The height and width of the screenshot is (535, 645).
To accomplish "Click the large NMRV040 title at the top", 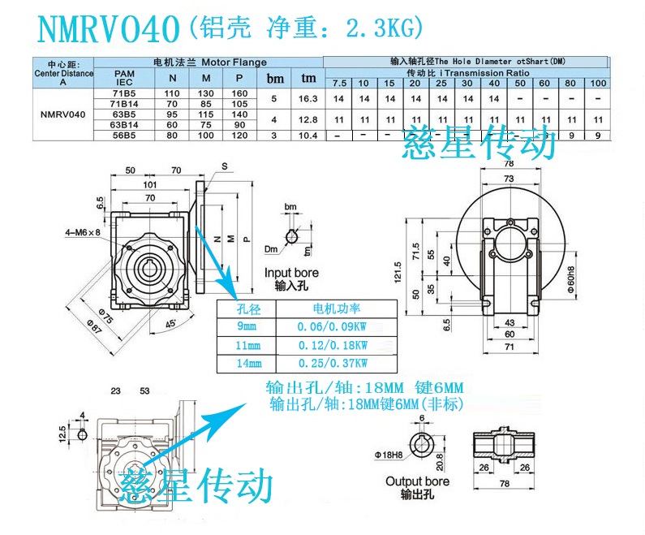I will [x=107, y=29].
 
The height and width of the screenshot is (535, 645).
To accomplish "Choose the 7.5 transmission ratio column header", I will [x=338, y=84].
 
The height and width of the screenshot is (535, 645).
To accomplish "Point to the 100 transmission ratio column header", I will [x=598, y=84].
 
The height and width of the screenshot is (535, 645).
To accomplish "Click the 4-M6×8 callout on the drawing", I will [x=83, y=233].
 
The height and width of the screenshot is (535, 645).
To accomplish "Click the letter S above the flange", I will [x=222, y=165].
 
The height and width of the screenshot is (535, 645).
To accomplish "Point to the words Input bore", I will [x=291, y=273].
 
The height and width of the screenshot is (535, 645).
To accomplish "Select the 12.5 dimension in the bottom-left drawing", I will [x=63, y=433].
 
